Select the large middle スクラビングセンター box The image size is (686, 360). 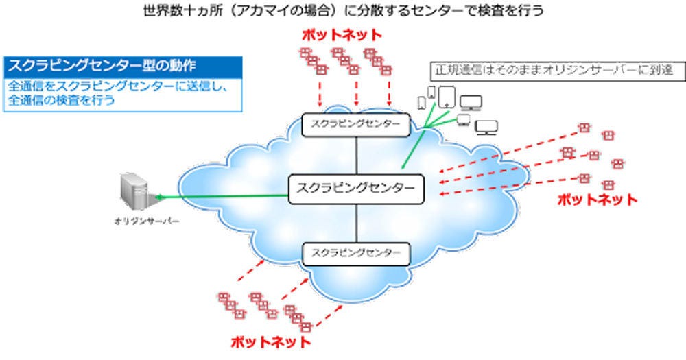pos(356,189)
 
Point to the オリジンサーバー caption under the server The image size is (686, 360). pos(137,221)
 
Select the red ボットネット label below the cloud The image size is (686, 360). pos(270,341)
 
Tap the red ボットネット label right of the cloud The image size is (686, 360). pos(596,200)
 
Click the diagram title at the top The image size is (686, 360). pos(342,10)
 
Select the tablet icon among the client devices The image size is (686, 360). pos(446,95)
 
